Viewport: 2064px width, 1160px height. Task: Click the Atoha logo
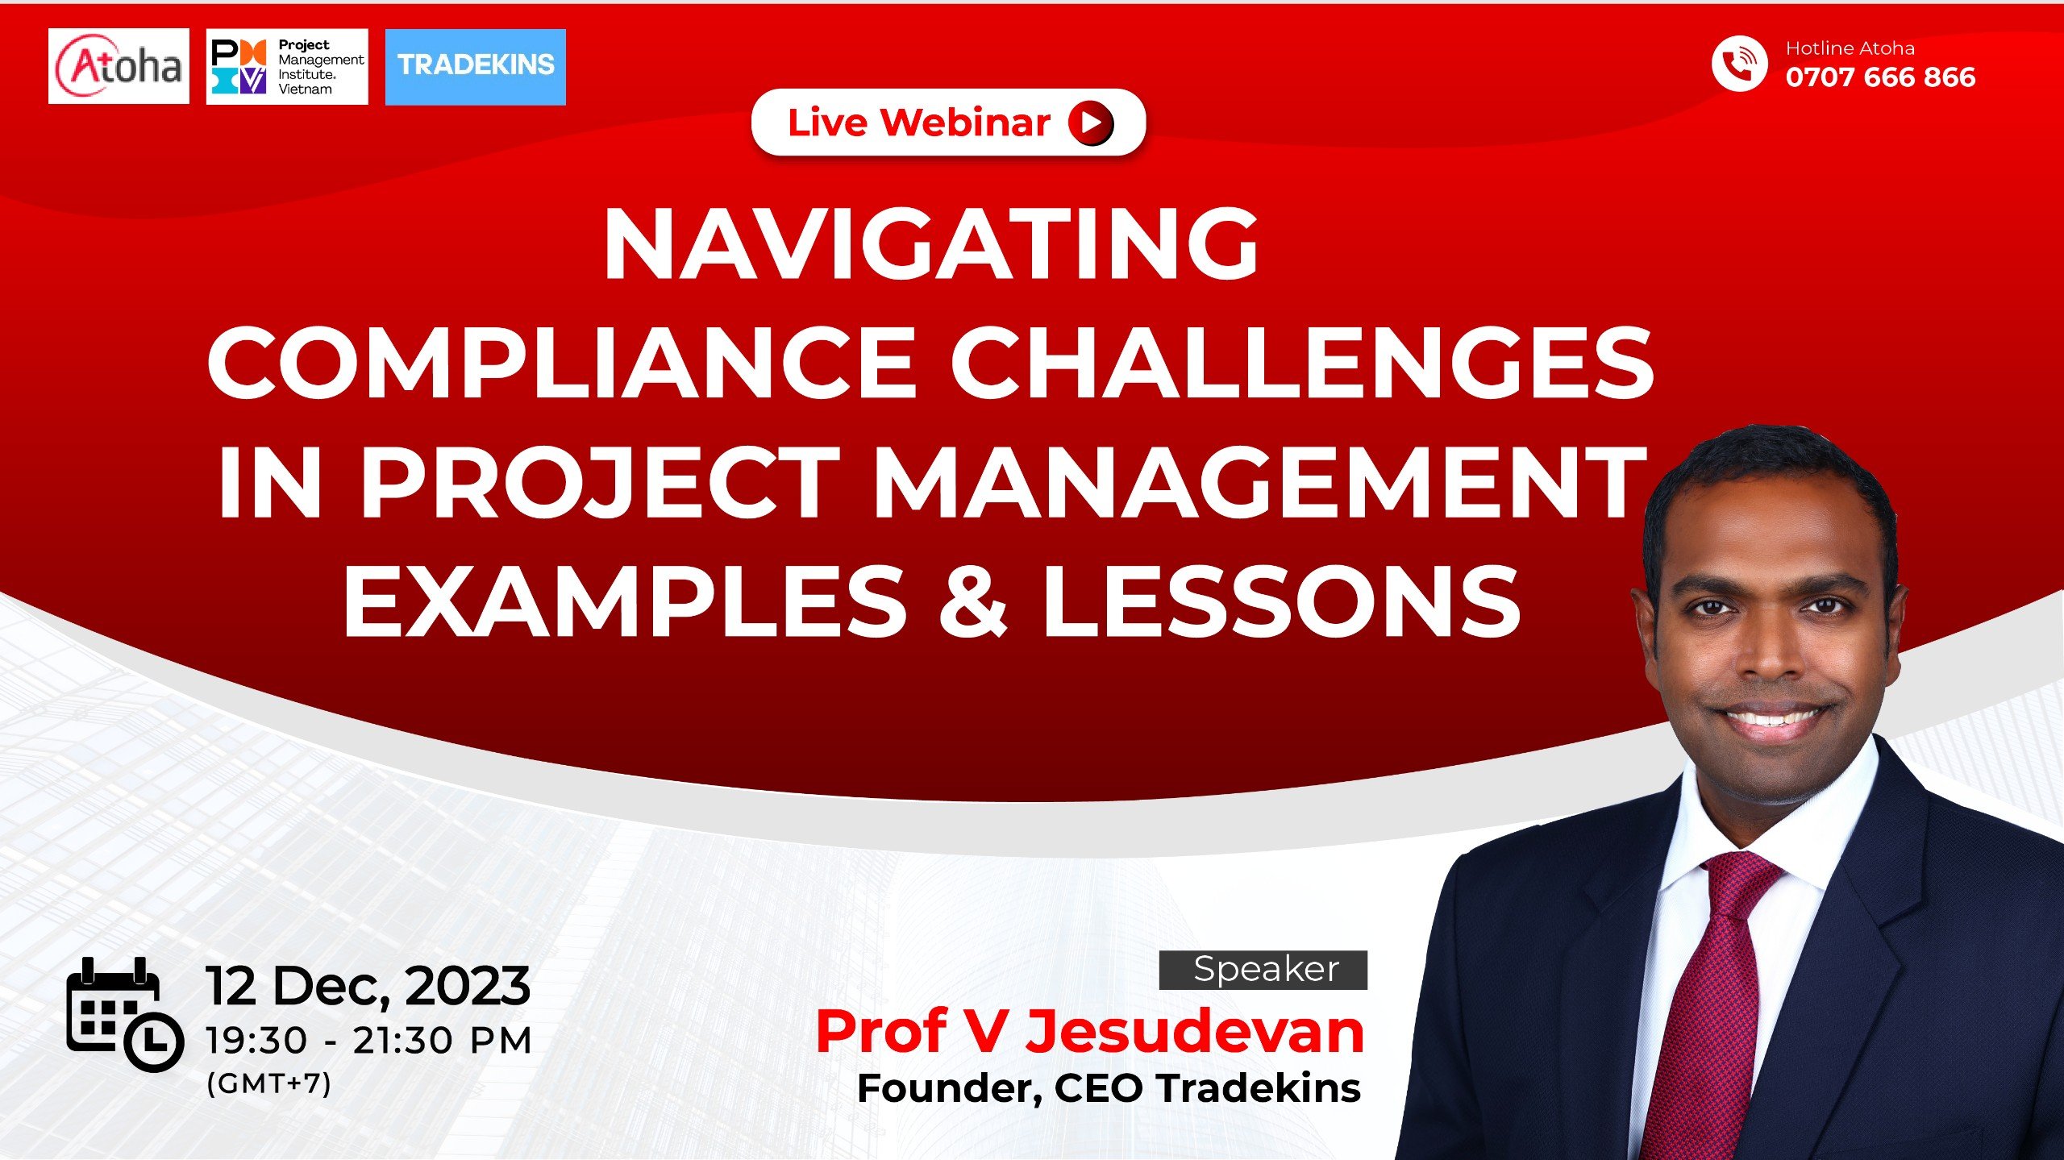pos(119,66)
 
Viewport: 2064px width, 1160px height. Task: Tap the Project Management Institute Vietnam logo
pos(287,67)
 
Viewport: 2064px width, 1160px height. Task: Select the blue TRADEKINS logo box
pos(476,67)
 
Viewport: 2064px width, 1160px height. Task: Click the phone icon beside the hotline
pos(1739,64)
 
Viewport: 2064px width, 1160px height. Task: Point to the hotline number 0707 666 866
pos(1880,77)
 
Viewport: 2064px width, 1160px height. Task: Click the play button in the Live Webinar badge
pos(1091,123)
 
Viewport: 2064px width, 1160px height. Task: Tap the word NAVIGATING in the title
pos(931,243)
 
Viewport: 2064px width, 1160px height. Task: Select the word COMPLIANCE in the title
pos(561,363)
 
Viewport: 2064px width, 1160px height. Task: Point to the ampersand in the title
pos(973,601)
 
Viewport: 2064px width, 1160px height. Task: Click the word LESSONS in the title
pos(1281,601)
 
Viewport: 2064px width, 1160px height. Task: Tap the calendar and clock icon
pos(124,1015)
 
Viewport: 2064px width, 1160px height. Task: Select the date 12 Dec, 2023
pos(368,986)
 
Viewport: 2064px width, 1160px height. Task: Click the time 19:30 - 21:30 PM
pos(368,1041)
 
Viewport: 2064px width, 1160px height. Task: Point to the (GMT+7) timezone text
pos(268,1083)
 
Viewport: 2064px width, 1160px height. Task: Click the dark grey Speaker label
pos(1263,970)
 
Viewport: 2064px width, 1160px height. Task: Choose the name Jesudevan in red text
pos(1194,1032)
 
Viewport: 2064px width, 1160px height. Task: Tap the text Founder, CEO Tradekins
pos(1109,1088)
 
